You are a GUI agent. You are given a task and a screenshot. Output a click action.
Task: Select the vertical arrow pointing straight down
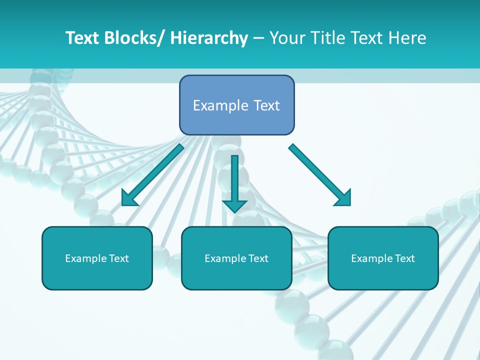coord(234,180)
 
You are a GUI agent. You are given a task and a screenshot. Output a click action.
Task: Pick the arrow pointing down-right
coord(317,172)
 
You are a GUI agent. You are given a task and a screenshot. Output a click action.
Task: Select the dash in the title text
coord(258,38)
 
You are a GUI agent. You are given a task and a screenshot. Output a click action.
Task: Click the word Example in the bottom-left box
coord(85,258)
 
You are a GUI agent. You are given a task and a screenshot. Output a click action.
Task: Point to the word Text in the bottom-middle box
coord(258,258)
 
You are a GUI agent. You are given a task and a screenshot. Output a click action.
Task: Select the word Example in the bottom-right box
coord(371,258)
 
